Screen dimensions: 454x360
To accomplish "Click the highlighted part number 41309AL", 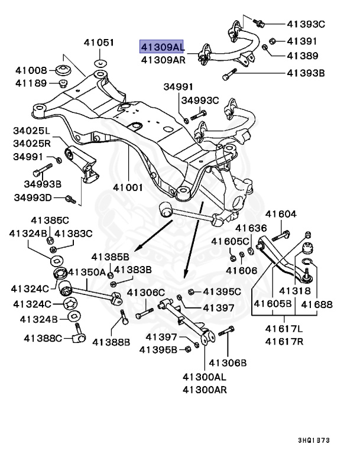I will [161, 46].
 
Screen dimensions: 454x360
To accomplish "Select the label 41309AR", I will [162, 60].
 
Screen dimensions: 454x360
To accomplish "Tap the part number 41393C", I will [306, 24].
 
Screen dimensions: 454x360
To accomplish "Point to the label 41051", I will [98, 43].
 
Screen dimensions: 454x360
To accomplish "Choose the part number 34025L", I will [33, 129].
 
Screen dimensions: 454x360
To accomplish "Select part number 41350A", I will [86, 272].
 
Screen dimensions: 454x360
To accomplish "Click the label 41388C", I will [43, 338].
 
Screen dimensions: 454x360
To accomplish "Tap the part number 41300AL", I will [205, 376].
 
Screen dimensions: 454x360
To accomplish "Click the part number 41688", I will [318, 304].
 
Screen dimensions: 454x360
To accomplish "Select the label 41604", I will [281, 214].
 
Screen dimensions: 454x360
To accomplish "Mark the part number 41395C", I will [222, 291].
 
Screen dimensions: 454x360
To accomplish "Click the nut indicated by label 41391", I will [273, 41].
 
